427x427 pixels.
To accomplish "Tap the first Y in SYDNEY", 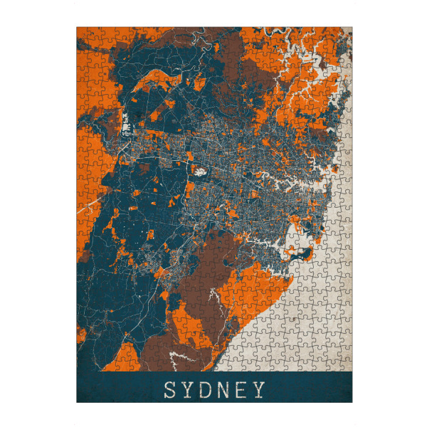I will (190, 390).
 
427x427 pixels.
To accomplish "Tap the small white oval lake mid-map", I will (198, 171).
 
